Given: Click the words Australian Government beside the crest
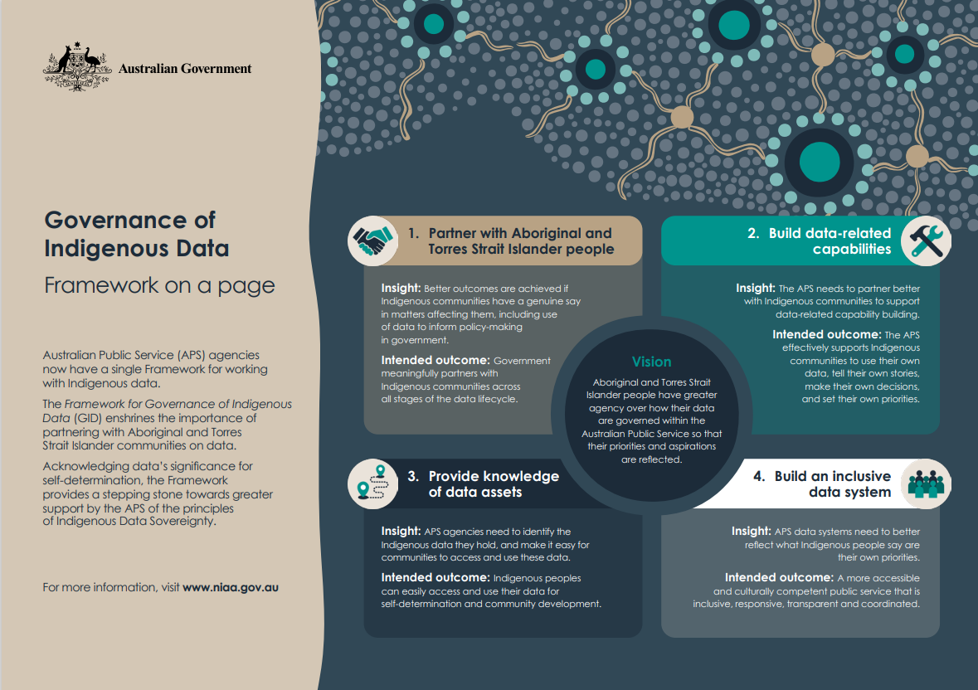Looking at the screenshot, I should (x=185, y=69).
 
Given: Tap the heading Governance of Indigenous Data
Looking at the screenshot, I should (x=136, y=234).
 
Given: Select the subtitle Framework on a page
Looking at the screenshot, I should (x=158, y=285).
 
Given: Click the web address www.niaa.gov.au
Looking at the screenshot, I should (x=230, y=587).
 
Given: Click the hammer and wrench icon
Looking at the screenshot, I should (x=925, y=241).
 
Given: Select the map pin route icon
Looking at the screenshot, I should (x=373, y=484).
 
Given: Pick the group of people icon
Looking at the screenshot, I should (x=925, y=483).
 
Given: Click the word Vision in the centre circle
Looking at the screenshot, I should (x=652, y=362).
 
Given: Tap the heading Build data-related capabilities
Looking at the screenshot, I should (x=830, y=241).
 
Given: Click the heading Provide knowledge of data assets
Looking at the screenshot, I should (x=494, y=484).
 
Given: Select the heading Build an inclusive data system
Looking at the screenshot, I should (x=833, y=484).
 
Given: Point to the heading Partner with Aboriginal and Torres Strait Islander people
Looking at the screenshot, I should (x=520, y=241).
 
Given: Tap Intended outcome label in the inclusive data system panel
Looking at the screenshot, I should (x=778, y=577).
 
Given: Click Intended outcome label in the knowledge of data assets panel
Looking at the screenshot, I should (x=435, y=577).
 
